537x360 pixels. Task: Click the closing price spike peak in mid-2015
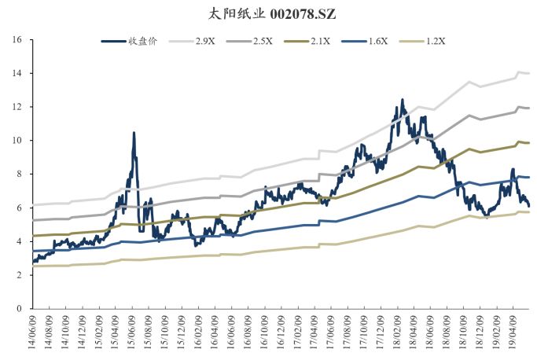[134, 133]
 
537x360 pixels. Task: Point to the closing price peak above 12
[402, 100]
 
